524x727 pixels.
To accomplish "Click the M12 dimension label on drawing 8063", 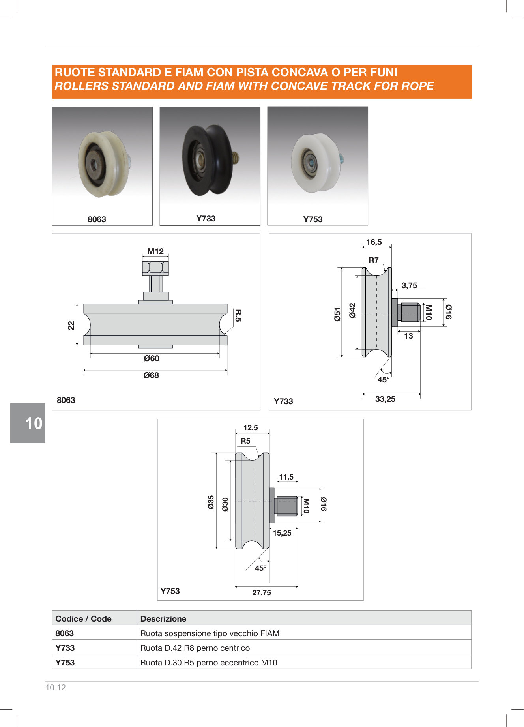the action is [155, 251].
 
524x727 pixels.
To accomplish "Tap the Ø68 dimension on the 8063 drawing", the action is [151, 375].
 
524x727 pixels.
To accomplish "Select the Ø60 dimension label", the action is [152, 358].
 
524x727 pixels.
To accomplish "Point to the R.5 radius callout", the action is [238, 315].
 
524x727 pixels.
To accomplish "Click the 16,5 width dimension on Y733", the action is [374, 242].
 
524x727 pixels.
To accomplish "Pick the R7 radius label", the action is [374, 260].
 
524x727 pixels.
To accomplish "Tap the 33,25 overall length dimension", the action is [385, 399].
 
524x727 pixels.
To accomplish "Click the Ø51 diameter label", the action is [337, 315].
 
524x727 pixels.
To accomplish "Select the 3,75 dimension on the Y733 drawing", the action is [409, 285].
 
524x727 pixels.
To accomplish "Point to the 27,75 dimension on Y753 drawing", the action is [262, 592].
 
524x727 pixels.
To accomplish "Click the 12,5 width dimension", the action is [251, 428].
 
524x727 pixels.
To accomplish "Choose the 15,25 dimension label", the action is [282, 533].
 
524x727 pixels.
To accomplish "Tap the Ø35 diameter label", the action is [211, 502].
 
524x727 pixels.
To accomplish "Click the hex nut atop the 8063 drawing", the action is [155, 268].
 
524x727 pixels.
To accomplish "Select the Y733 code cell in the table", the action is [65, 648].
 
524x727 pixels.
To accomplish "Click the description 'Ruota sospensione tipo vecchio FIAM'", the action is [210, 633].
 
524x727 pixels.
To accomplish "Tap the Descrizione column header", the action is [163, 619].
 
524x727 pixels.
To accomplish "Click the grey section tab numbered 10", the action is [28, 423].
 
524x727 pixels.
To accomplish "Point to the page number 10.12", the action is [56, 688].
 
